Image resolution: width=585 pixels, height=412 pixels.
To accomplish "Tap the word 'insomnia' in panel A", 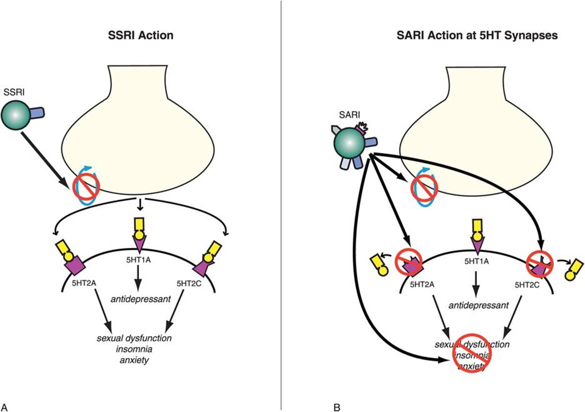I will click(x=135, y=349).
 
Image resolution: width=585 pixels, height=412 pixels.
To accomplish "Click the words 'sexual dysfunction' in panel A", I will click(x=135, y=338).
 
